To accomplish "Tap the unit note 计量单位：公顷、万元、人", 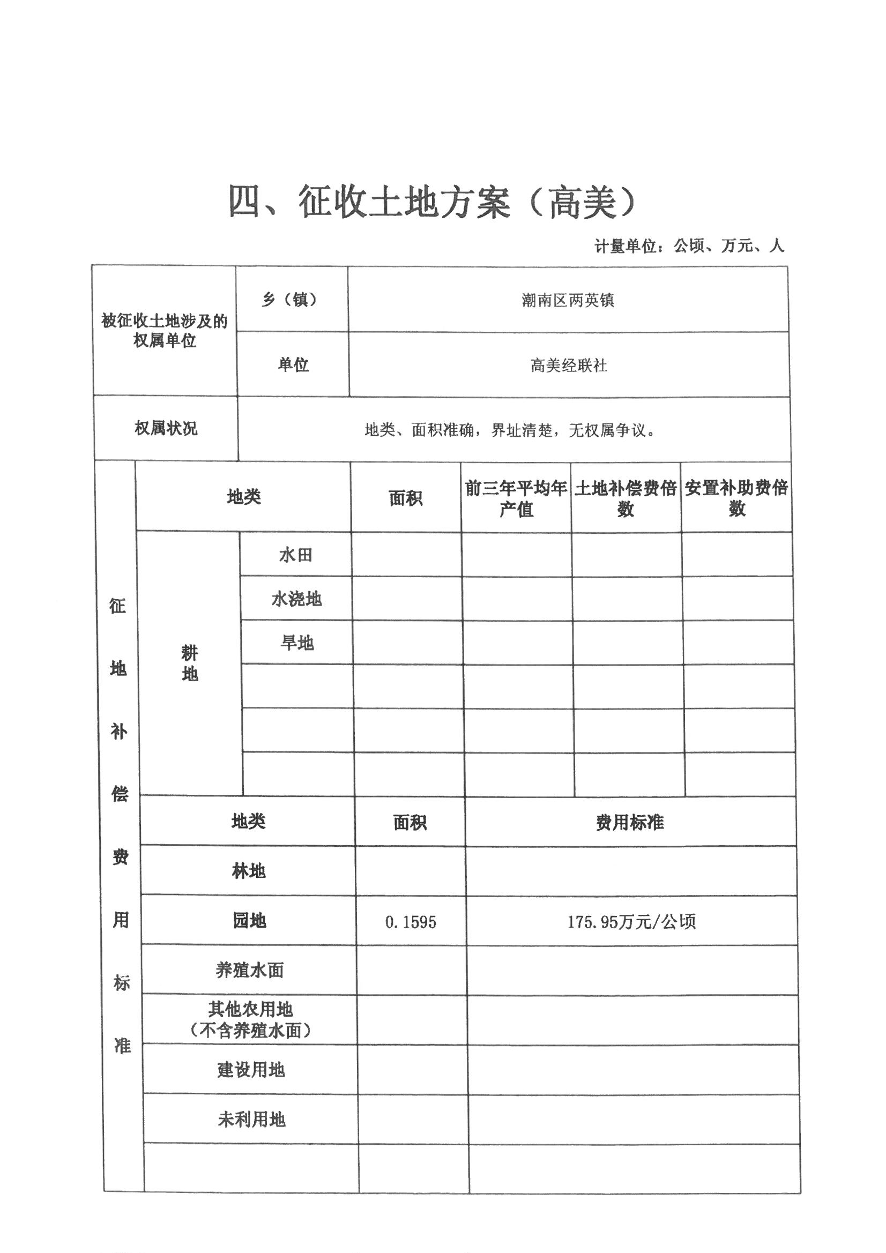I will (689, 246).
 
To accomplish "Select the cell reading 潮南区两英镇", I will (568, 300).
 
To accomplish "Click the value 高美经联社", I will (569, 365).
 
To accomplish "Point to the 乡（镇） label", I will (290, 299).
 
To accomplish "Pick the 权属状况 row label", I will (166, 428).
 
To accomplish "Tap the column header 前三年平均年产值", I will (516, 498).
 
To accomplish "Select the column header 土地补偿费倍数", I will (626, 498).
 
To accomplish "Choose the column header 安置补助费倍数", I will (736, 498).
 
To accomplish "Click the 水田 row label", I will (296, 555).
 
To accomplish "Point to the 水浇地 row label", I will (296, 599).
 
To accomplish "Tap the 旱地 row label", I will (297, 643).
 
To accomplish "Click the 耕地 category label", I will (189, 663).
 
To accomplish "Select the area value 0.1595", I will (411, 922).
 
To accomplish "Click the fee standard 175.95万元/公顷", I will (631, 922).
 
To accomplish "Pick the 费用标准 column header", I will (630, 823).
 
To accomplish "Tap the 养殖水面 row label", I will (249, 970).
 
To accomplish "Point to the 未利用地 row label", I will (251, 1120).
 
